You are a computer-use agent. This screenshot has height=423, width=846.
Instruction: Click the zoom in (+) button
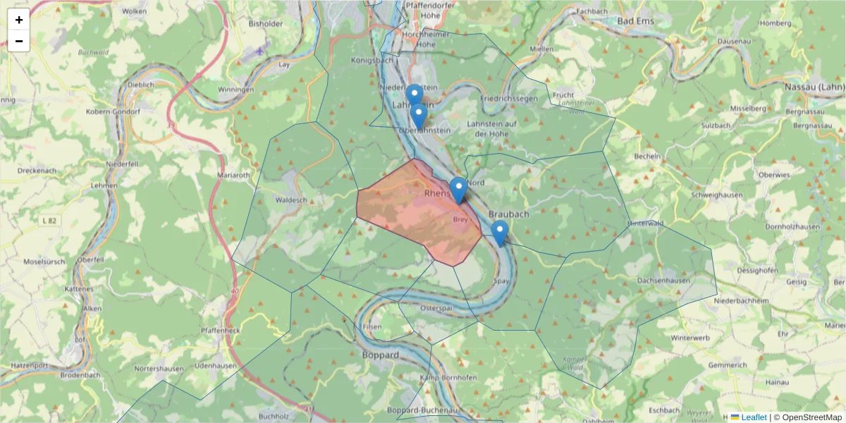[19, 20]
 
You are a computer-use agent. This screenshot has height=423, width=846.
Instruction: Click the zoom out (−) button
[19, 41]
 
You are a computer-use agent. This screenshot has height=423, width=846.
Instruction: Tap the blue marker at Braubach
[499, 232]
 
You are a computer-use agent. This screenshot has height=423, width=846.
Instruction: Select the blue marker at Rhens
[458, 189]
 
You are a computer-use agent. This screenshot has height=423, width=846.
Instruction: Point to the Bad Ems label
[635, 21]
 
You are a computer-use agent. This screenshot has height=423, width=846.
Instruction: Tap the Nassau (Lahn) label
[814, 87]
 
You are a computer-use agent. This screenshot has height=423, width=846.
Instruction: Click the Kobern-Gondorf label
[113, 112]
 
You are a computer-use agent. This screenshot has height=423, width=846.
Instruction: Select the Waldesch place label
[291, 200]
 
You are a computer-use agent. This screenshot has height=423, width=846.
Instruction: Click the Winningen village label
[235, 90]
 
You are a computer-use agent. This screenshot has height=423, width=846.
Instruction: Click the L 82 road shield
[49, 221]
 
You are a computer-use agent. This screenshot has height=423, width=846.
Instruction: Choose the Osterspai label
[435, 308]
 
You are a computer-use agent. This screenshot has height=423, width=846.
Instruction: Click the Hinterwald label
[646, 223]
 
